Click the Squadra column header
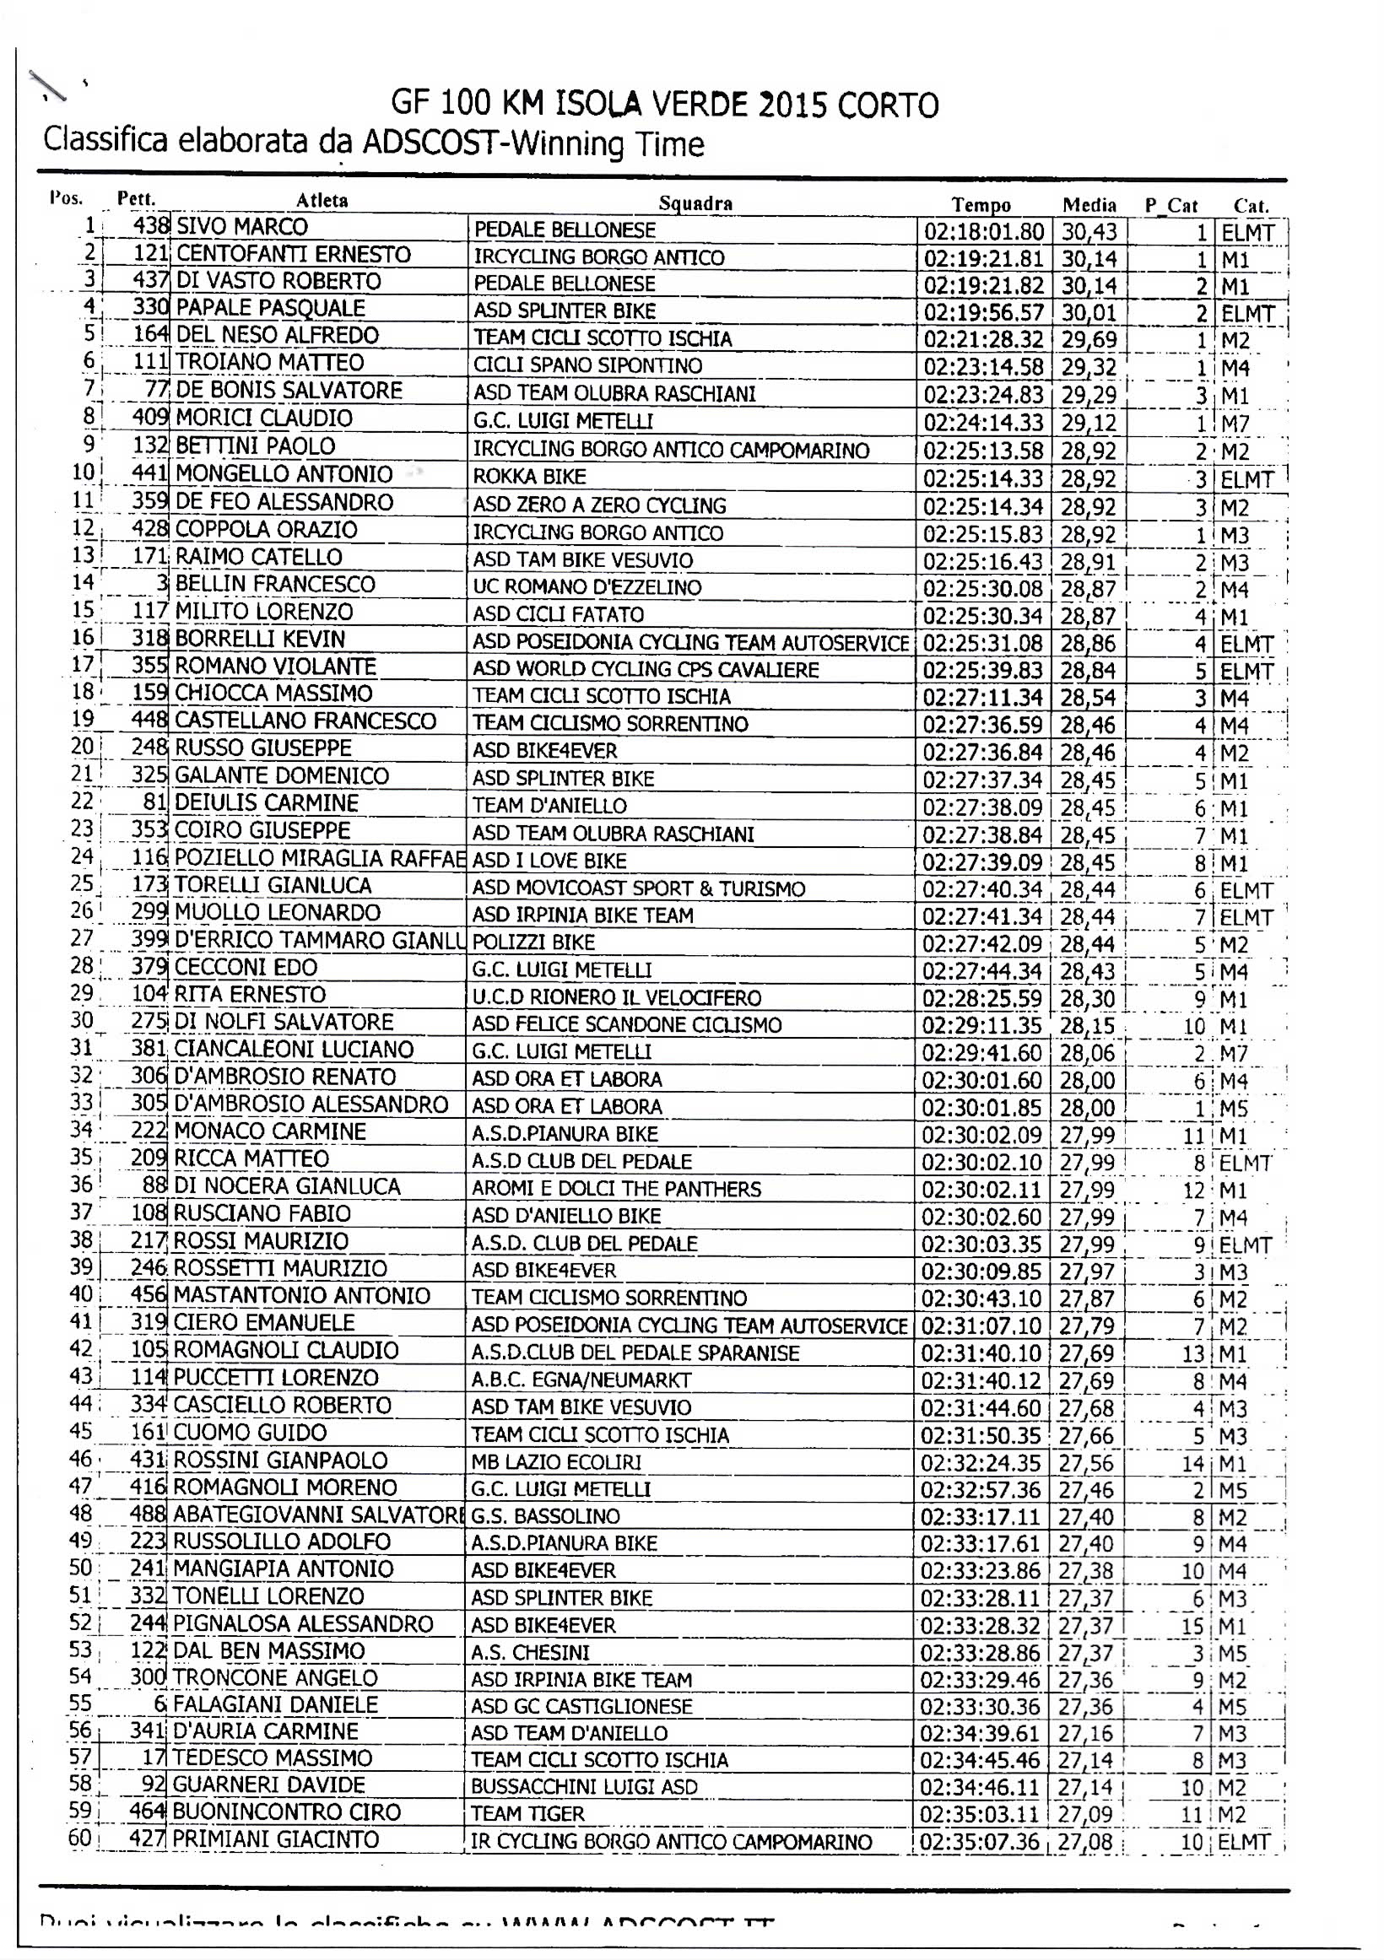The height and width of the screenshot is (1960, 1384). click(x=695, y=203)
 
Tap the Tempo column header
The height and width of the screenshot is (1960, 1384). click(x=981, y=205)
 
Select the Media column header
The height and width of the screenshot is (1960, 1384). click(x=1089, y=205)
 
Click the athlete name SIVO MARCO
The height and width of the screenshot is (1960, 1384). click(x=241, y=227)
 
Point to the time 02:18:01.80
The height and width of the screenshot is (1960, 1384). click(x=984, y=232)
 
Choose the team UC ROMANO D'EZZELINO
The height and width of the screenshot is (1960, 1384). click(x=587, y=587)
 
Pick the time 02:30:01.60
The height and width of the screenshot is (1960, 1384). click(x=981, y=1081)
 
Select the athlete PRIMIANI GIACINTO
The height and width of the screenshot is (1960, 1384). click(x=276, y=1839)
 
